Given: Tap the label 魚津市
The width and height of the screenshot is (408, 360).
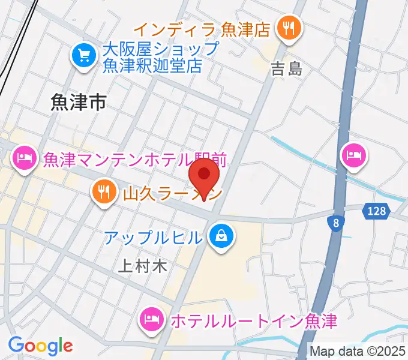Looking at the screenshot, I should (x=78, y=103).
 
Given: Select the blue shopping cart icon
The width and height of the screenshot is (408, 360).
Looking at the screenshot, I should (x=83, y=56).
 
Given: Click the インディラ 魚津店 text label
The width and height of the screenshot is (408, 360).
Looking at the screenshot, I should (x=202, y=29).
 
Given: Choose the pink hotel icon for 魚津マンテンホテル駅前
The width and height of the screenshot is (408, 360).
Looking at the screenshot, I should (x=25, y=159).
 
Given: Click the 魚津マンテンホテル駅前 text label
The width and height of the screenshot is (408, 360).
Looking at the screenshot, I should (x=134, y=160).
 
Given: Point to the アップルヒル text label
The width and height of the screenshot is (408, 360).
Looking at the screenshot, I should (x=153, y=238).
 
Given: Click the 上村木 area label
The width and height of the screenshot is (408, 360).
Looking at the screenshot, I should (x=142, y=266).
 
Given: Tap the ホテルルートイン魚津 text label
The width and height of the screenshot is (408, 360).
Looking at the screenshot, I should (x=254, y=320).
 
